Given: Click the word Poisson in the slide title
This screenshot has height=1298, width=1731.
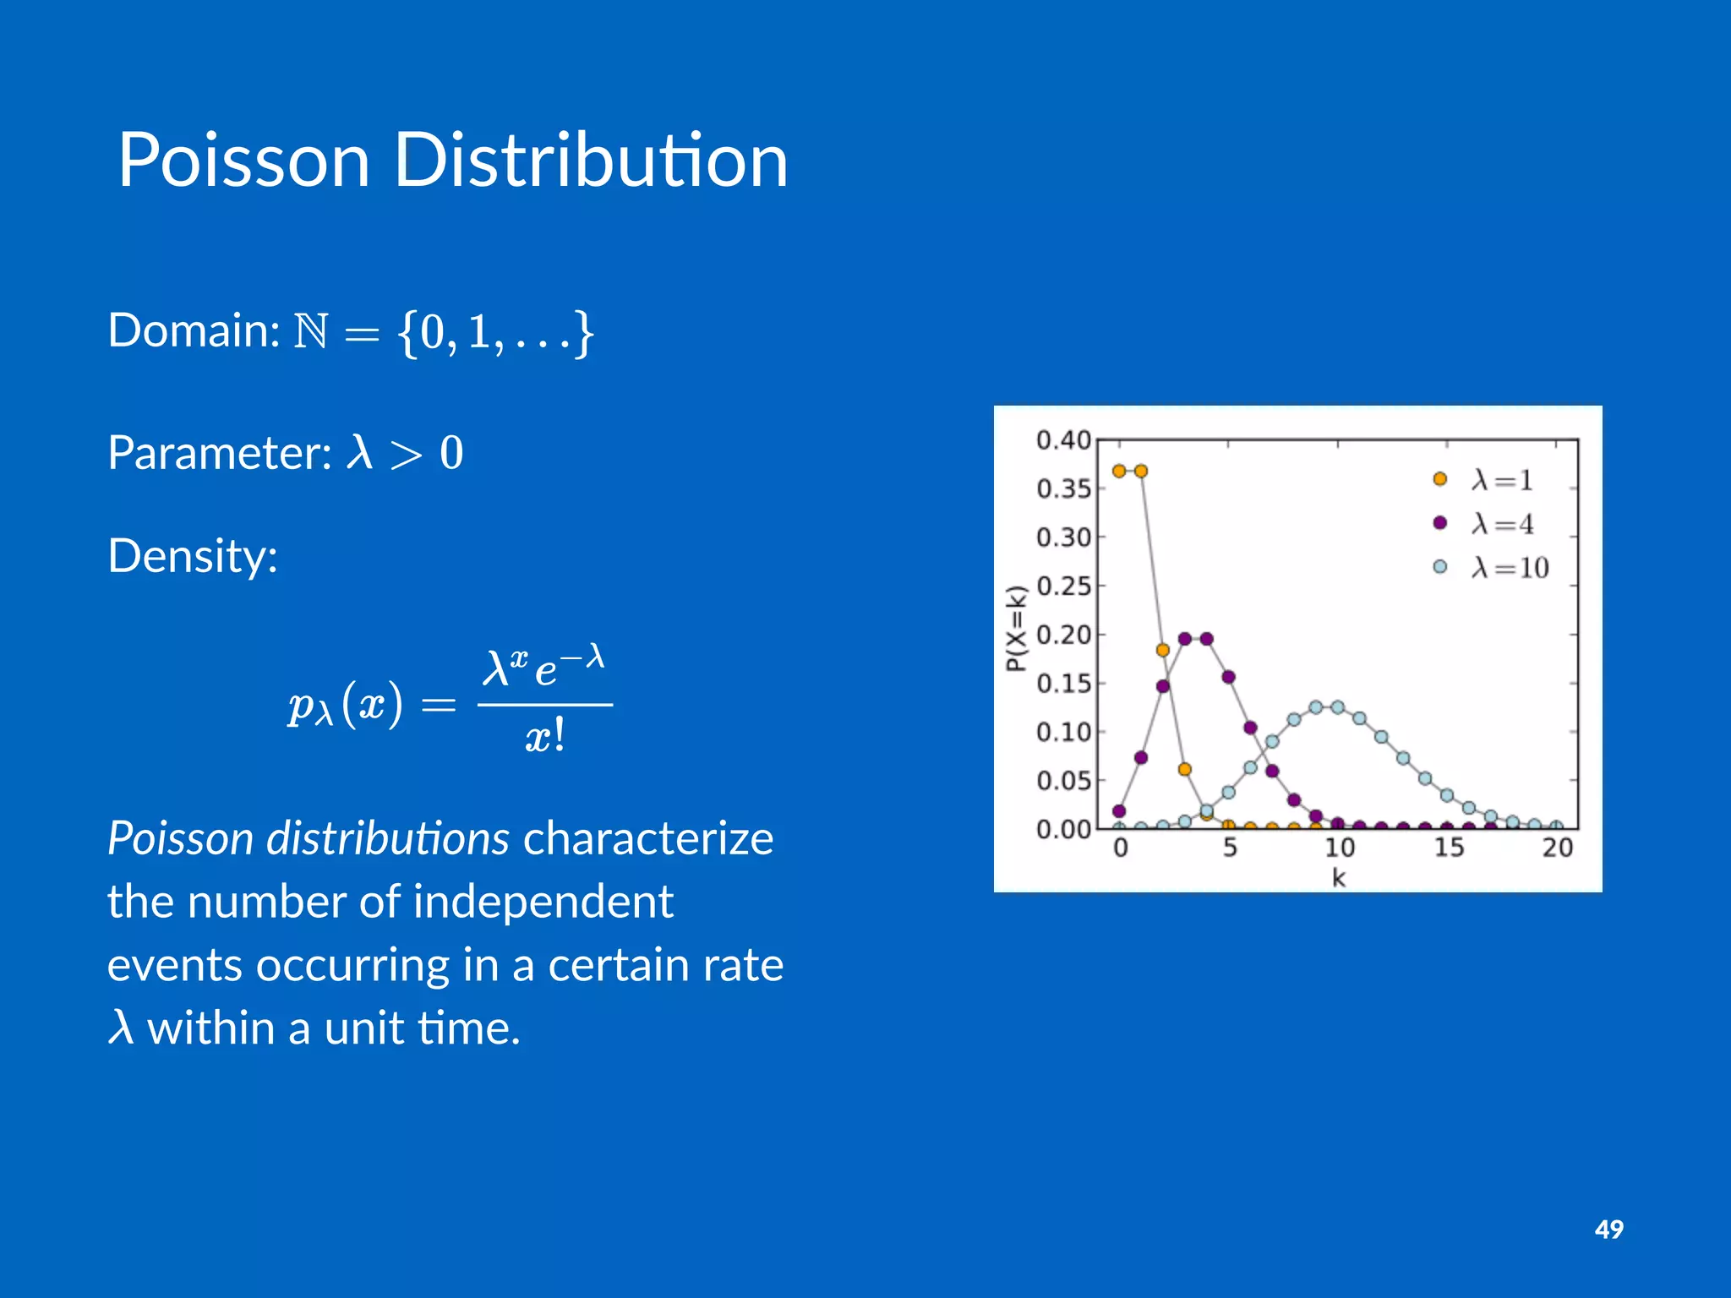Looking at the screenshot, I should tap(243, 161).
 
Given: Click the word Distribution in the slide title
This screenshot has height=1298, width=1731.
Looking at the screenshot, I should tap(591, 161).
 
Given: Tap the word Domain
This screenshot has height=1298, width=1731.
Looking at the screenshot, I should tap(193, 330).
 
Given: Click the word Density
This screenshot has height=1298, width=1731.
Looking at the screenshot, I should tap(192, 557).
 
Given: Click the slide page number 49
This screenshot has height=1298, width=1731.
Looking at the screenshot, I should tap(1608, 1229).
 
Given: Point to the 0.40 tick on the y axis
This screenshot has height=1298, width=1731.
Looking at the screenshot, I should tap(1063, 440).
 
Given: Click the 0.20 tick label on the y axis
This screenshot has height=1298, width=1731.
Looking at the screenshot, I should tap(1063, 635).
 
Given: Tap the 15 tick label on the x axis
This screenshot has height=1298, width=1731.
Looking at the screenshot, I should tap(1449, 848).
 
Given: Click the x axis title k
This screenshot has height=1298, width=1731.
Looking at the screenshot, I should tap(1338, 878).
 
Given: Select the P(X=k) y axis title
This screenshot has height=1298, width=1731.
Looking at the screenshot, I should tap(1016, 628).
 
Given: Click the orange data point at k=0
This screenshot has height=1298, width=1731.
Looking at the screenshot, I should tap(1119, 471).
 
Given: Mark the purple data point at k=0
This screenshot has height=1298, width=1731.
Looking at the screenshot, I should tap(1119, 811).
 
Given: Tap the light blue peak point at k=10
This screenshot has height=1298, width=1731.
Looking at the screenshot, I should tap(1338, 707).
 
